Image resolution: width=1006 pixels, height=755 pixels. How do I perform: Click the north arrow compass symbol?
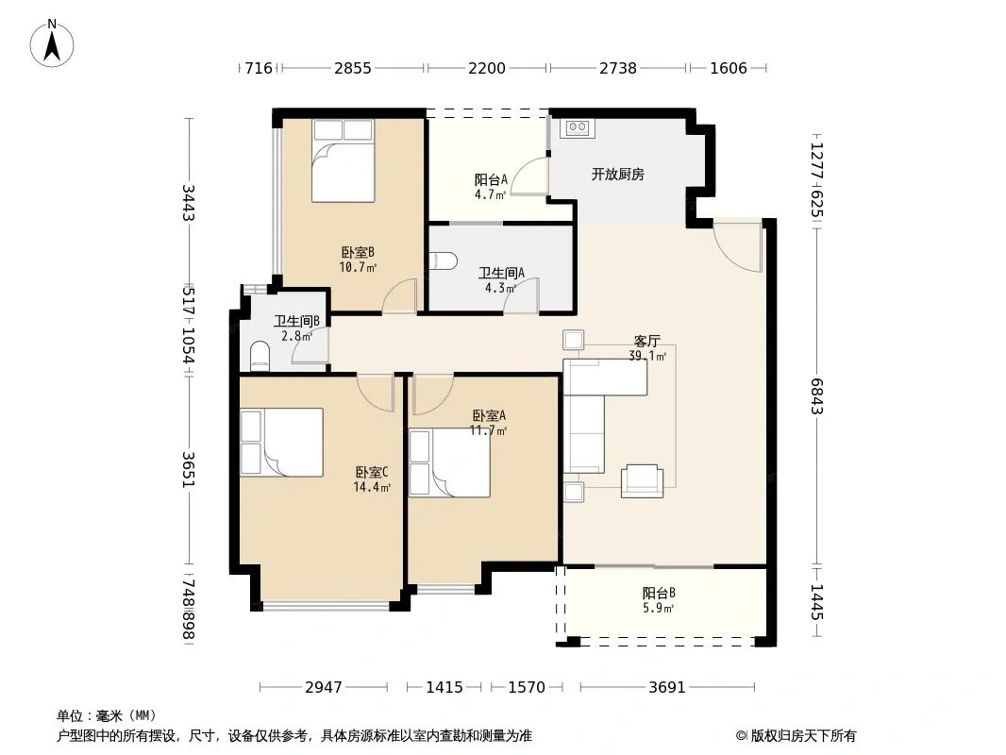52,43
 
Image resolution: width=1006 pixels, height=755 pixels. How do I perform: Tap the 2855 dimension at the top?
352,68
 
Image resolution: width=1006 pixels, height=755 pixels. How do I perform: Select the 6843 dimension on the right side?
816,395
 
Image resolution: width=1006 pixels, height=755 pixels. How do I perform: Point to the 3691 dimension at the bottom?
667,687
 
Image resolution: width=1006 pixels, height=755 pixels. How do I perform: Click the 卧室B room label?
358,252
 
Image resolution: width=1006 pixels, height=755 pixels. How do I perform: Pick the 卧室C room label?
372,472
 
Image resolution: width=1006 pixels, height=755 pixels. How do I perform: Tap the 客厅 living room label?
646,341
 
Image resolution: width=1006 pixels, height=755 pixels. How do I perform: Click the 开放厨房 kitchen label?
617,174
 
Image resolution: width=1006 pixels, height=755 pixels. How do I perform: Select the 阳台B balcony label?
659,593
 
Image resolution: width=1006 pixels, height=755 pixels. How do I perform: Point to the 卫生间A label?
501,274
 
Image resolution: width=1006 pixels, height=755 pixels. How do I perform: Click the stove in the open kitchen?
578,127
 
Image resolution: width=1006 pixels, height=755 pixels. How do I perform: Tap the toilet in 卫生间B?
260,356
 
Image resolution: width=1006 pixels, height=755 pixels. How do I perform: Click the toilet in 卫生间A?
444,261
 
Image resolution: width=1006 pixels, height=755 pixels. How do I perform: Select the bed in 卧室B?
343,160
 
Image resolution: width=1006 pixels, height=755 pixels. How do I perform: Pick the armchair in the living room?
642,481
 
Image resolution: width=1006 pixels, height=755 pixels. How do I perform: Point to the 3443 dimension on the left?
188,202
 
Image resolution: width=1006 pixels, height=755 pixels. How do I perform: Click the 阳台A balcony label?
491,179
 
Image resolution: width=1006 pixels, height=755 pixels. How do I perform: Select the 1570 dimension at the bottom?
526,687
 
